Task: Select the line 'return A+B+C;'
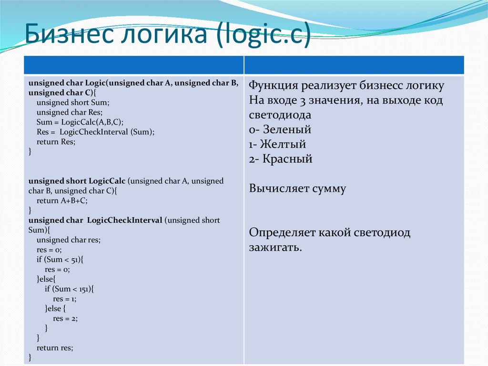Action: pos(62,201)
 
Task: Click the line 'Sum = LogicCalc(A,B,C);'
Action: pos(80,122)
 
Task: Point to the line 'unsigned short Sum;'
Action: pos(73,102)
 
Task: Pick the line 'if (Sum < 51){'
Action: pos(60,260)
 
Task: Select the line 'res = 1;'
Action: pos(65,299)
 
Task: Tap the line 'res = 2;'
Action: pos(65,319)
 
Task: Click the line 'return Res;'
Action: pos(56,142)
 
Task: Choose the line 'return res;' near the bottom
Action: pos(55,348)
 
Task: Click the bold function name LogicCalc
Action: pos(107,181)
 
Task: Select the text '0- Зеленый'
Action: pos(280,129)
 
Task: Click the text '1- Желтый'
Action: pos(277,144)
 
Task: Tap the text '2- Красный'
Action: pos(280,159)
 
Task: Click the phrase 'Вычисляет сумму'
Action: pos(297,188)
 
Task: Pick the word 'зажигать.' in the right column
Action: pos(275,248)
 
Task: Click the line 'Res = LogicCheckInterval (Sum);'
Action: pos(95,132)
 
